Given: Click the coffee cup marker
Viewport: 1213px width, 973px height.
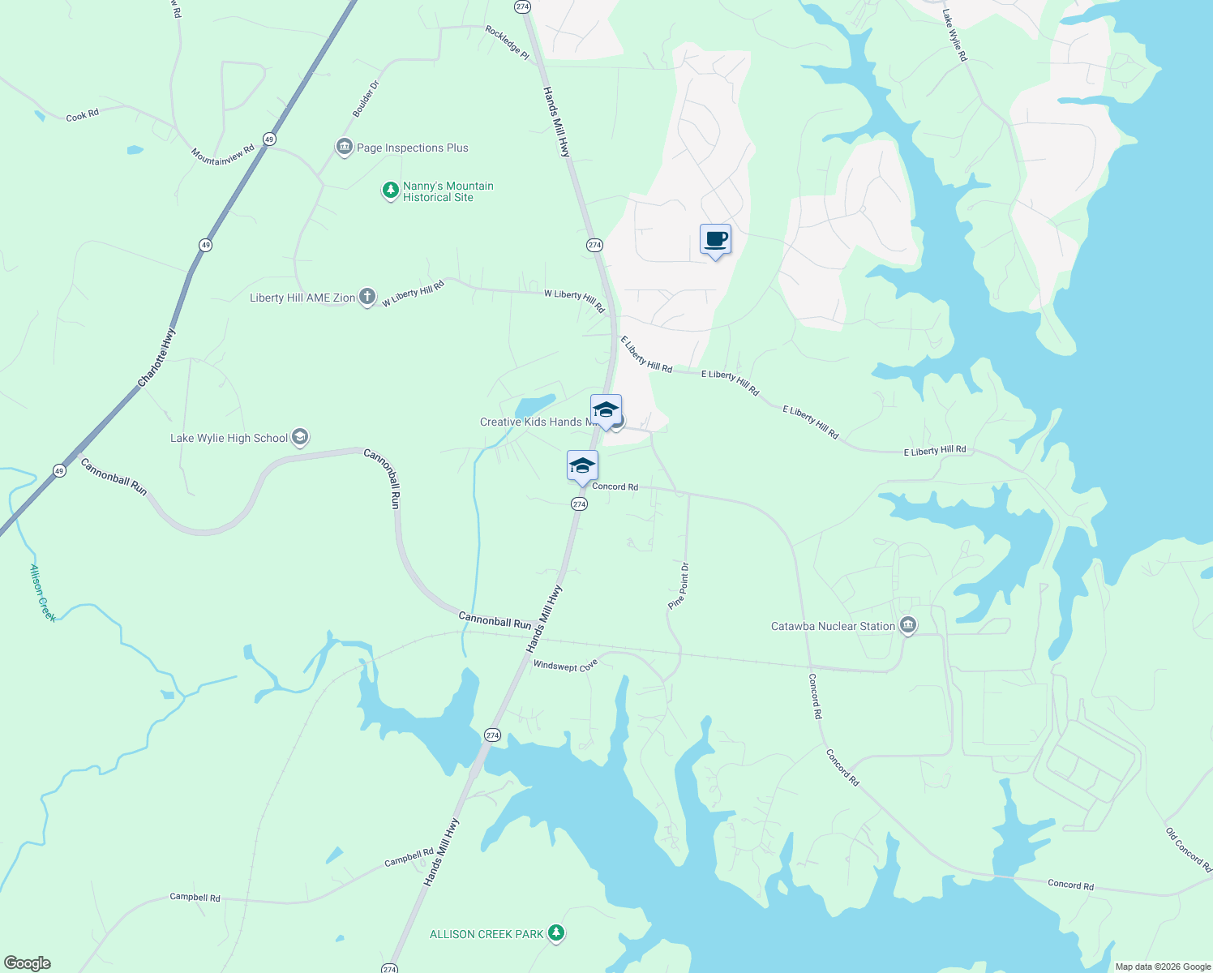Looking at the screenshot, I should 715,240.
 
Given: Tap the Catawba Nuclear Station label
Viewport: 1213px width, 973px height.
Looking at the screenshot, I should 833,626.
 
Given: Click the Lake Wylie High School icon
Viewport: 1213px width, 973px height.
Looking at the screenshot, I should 300,438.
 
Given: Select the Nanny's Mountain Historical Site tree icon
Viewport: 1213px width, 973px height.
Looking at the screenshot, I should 390,191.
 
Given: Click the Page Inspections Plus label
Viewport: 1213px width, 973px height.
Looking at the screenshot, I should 412,148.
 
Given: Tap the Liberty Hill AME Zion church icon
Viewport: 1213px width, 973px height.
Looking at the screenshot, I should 367,297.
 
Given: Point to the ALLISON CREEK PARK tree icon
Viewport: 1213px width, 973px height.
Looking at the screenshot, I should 555,933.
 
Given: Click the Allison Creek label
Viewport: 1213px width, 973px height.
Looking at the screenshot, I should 43,593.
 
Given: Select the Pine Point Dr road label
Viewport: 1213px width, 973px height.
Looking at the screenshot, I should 679,585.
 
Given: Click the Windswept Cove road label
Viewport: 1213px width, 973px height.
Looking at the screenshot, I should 565,666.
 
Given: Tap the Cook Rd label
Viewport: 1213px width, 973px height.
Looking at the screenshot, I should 82,116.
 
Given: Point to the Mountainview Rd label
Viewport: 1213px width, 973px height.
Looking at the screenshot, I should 223,154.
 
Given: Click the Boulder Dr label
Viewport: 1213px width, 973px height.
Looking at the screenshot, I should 366,98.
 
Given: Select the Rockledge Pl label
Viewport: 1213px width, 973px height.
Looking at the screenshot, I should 507,42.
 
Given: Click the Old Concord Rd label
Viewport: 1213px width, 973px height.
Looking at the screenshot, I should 1188,849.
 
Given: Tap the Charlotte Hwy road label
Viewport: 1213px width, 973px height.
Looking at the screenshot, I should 156,357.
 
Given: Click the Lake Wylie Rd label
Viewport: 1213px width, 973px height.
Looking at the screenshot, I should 955,36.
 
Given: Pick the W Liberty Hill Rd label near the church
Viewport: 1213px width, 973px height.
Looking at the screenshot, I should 414,294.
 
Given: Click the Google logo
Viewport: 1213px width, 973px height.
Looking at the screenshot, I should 28,963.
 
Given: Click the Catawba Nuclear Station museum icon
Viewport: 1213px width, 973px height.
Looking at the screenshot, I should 908,626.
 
